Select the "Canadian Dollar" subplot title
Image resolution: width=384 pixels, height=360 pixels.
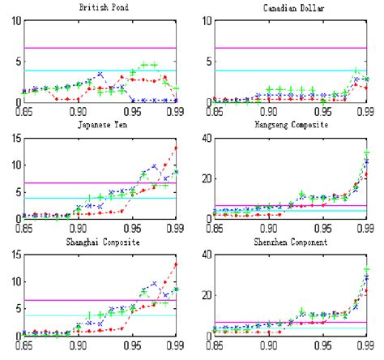(x=291, y=6)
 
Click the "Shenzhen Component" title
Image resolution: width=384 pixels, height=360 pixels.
(x=291, y=242)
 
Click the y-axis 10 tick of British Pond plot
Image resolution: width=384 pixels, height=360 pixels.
(x=11, y=19)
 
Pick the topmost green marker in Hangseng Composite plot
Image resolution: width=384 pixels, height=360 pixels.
(x=367, y=154)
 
